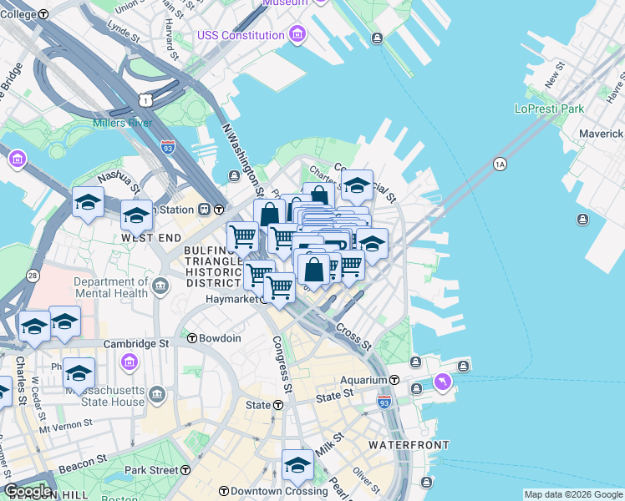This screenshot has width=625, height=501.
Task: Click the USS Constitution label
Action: coord(241,35)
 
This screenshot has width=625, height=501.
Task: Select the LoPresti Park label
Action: coord(549,109)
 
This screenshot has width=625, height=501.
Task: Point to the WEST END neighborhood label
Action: coord(151,238)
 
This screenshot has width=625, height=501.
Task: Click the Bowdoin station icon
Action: coord(192,338)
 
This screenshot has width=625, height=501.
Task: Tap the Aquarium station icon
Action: coord(417,389)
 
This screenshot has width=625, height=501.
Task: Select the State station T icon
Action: coord(277,405)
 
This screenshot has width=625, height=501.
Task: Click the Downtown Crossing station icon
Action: coord(223,491)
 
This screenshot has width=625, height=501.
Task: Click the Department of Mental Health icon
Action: coord(160,288)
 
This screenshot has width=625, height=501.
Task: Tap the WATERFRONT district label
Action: coord(409,445)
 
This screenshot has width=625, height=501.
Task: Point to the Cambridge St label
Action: coord(136,343)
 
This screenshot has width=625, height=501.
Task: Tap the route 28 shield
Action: coord(33,276)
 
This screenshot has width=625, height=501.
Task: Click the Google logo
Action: coord(27,491)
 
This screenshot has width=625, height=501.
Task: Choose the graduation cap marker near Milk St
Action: coord(297,465)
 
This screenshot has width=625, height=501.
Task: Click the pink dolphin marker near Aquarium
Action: coord(441,382)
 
